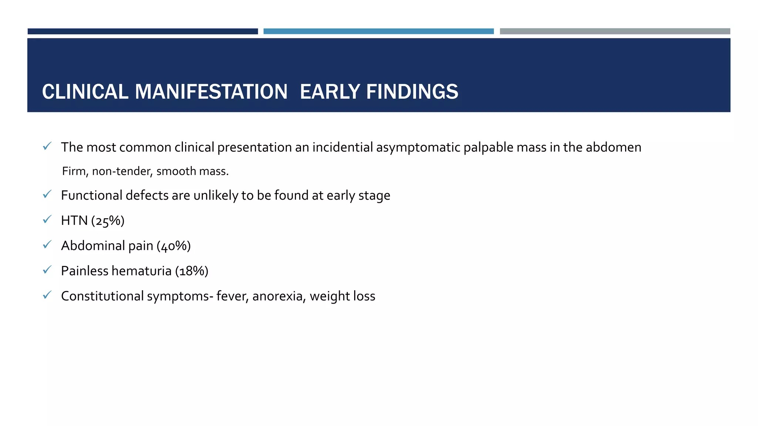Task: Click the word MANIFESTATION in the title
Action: click(211, 92)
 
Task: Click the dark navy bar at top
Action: click(142, 31)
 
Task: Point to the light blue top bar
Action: click(378, 31)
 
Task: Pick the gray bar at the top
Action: click(615, 31)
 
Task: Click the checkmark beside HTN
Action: click(47, 220)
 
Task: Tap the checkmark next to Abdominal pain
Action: click(47, 245)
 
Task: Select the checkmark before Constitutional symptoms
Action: click(47, 295)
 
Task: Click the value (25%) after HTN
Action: click(108, 221)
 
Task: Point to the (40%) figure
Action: click(174, 246)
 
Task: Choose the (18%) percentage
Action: click(191, 271)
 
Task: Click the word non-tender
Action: click(122, 171)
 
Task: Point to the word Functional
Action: click(91, 195)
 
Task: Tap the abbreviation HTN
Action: click(74, 221)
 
